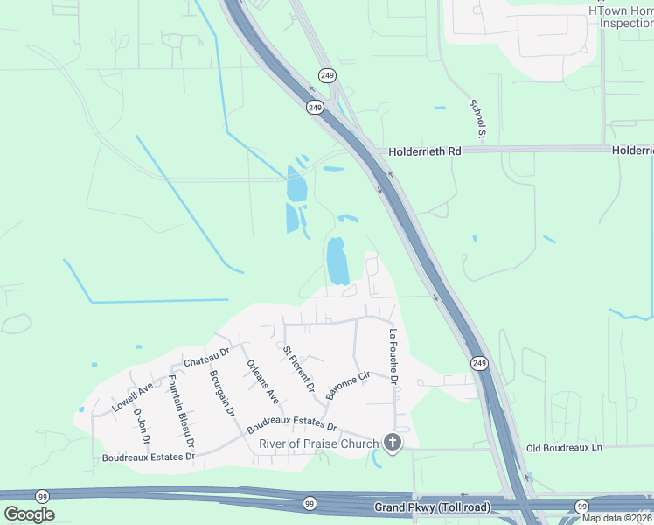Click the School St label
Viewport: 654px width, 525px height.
[x=477, y=119]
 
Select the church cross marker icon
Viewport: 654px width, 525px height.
[x=393, y=444]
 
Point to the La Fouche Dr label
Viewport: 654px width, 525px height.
[x=393, y=357]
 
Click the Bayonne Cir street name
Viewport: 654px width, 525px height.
[x=348, y=386]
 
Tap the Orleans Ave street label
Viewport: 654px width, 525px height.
[x=262, y=382]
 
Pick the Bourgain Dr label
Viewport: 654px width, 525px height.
[x=222, y=393]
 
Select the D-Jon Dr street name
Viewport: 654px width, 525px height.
[x=141, y=425]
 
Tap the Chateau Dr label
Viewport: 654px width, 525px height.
[x=205, y=357]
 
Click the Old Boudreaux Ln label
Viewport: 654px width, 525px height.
[x=564, y=448]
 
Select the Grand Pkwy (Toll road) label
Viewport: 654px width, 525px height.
[x=432, y=507]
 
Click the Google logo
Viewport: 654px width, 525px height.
[x=29, y=514]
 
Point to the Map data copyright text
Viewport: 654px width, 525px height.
[x=617, y=518]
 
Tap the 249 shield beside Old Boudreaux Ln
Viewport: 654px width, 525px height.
[x=478, y=363]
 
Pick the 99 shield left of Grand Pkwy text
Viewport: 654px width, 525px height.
[x=310, y=504]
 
